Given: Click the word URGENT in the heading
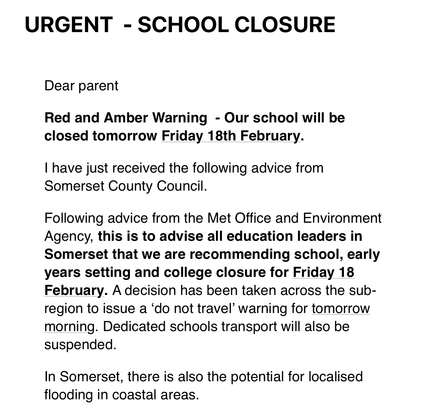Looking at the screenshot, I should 69,24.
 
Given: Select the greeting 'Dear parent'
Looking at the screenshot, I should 81,86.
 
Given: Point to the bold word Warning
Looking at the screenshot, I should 180,118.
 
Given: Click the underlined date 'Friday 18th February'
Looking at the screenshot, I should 231,136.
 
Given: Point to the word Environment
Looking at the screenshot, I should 342,218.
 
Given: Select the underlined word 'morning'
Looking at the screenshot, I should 69,327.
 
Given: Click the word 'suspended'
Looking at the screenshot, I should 80,344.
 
